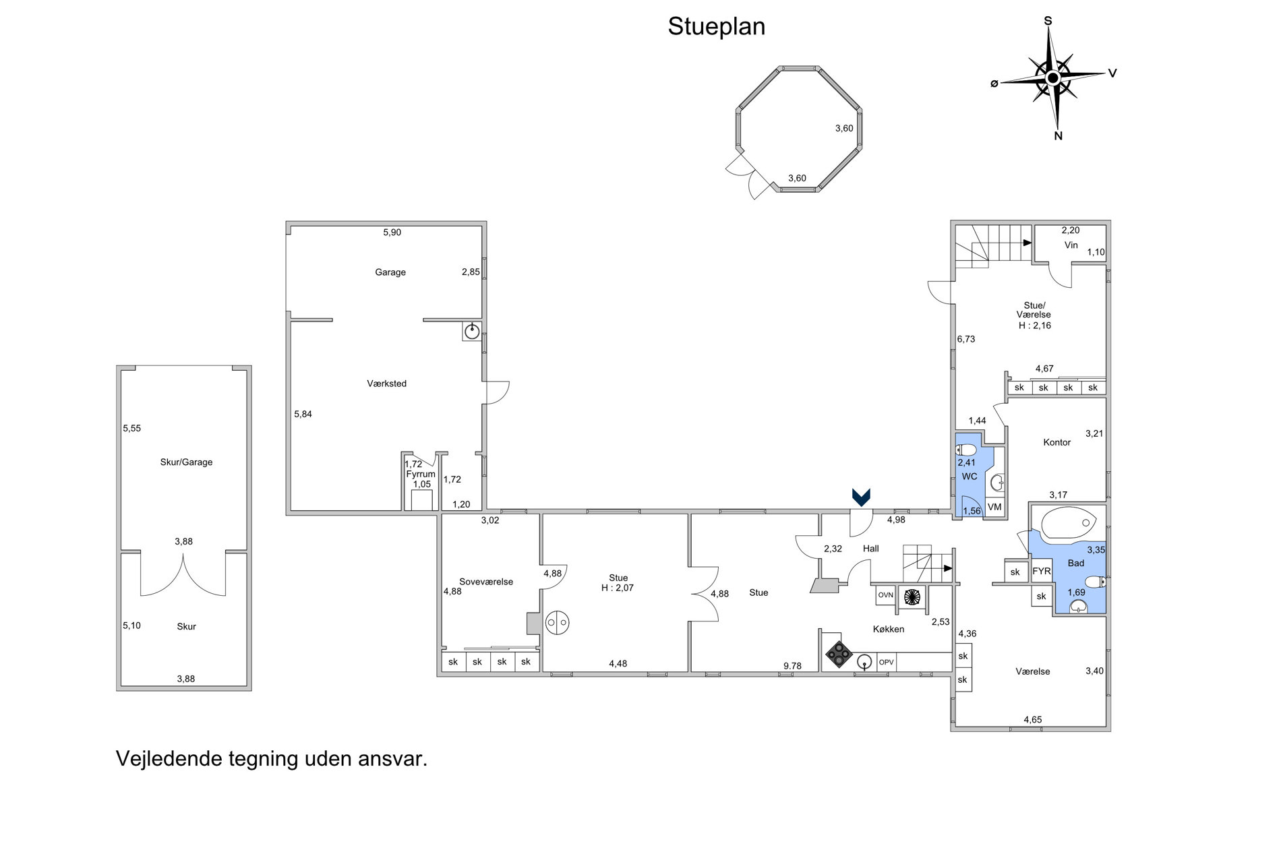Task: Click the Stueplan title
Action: [716, 27]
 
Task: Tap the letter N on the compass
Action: [1058, 136]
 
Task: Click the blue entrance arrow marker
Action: [861, 497]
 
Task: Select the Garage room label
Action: [390, 272]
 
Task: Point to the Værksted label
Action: [386, 384]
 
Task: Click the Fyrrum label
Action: [421, 474]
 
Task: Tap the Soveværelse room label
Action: [486, 582]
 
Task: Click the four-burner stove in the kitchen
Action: [839, 654]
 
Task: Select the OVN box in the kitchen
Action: [885, 595]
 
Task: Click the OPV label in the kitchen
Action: [886, 662]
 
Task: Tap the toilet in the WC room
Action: [966, 450]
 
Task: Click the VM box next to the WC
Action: [994, 507]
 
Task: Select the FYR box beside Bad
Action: [1042, 571]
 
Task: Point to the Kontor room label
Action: [1056, 442]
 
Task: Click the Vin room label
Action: [1071, 245]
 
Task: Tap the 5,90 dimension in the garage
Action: [392, 233]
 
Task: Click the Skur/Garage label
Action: [186, 462]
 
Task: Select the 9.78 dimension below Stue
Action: [792, 666]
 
